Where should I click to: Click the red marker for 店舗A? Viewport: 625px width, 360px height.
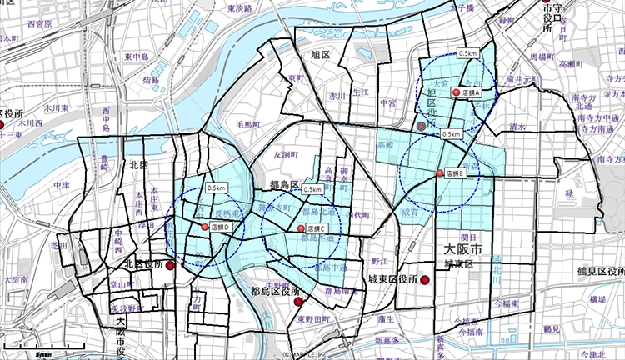[456, 93]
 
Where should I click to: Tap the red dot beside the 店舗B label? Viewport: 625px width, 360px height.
[440, 173]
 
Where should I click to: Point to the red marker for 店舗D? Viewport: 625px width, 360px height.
[205, 227]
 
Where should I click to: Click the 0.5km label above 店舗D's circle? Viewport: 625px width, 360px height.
[217, 187]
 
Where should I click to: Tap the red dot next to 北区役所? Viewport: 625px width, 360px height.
[171, 266]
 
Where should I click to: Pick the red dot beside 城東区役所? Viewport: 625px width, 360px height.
[423, 280]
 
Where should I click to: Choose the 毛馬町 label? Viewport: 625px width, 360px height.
[248, 124]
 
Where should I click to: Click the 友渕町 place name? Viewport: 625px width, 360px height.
[285, 154]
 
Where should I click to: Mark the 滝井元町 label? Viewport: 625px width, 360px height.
[523, 78]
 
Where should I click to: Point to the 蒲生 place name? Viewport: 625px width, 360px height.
[385, 318]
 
